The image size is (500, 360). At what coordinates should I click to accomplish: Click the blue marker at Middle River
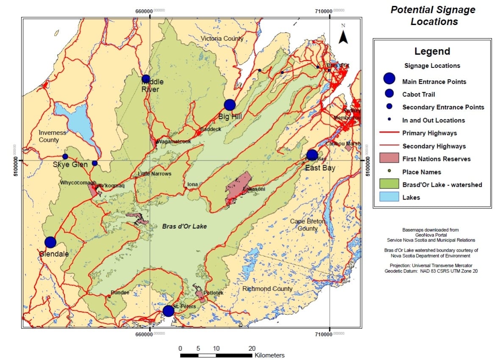point(146,79)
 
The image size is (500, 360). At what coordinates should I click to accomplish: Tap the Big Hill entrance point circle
point(230,105)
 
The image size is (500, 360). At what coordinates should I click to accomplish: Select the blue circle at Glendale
point(50,242)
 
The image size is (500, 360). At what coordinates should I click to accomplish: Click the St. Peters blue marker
point(168,311)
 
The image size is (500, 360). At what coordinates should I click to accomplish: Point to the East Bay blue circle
point(312,155)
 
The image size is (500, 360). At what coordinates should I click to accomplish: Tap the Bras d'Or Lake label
point(184,227)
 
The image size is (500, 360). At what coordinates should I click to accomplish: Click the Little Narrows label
point(154,174)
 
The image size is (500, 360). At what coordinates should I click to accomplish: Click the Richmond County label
point(267,289)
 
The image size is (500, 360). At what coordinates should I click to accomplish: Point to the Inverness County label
point(53,136)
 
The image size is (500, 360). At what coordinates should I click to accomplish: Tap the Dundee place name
point(119,293)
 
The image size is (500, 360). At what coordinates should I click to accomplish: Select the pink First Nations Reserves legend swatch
point(391,159)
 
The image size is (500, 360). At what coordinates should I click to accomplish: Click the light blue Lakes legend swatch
point(391,197)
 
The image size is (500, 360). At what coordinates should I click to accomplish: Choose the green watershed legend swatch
point(391,184)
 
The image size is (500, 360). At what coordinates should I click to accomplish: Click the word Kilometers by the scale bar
point(269,355)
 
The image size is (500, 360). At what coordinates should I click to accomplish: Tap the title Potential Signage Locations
point(433,16)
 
